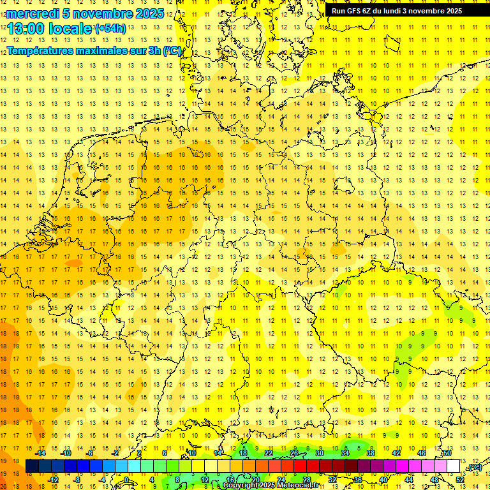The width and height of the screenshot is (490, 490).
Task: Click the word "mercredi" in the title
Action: (x=34, y=13)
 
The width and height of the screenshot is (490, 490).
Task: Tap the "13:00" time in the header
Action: (x=25, y=29)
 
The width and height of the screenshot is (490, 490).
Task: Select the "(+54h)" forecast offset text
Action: (x=110, y=28)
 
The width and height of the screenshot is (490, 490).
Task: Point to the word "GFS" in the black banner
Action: (x=355, y=10)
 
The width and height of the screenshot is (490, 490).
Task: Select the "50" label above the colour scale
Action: (x=447, y=453)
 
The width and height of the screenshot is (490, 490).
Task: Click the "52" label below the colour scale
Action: (x=460, y=479)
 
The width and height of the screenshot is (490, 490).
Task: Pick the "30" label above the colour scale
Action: (x=320, y=453)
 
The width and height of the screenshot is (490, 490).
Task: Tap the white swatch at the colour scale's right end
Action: (x=454, y=466)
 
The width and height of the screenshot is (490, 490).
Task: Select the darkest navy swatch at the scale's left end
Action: (x=33, y=466)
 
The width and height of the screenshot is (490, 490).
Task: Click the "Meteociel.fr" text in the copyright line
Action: (x=297, y=486)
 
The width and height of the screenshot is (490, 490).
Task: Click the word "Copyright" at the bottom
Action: (x=241, y=486)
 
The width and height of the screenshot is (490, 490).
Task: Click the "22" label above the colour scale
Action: (x=269, y=453)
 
